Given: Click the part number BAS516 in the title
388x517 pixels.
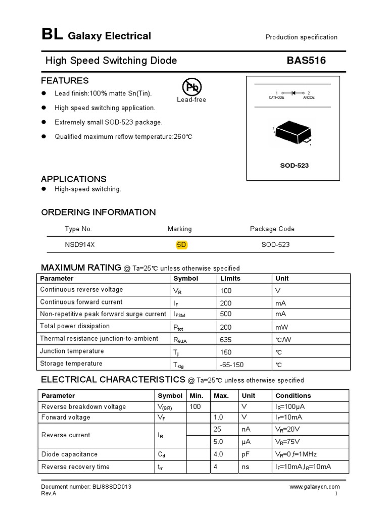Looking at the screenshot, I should click(306, 61).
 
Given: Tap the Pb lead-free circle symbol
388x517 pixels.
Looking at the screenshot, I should click(191, 87).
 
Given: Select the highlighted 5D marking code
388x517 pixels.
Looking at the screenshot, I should click(181, 245).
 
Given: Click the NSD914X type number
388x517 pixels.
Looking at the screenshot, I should click(80, 245).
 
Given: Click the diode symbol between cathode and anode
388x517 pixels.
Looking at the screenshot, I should click(293, 93).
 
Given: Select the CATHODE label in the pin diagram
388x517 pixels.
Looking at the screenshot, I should click(276, 98).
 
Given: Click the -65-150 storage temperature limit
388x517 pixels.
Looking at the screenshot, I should click(232, 364).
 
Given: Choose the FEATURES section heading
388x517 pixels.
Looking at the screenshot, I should click(65, 81).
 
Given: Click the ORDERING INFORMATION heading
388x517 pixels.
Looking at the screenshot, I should click(98, 212).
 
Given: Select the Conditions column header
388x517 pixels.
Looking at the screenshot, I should click(293, 396).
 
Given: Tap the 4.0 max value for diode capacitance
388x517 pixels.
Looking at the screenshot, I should click(219, 454).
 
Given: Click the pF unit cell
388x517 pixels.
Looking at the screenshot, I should click(246, 454).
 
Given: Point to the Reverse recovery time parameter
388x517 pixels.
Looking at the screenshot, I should click(75, 467).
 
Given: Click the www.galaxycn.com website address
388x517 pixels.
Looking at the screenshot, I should click(314, 487).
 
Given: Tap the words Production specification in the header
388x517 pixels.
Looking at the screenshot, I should click(301, 37).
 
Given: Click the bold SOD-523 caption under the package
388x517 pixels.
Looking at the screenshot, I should click(295, 166).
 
